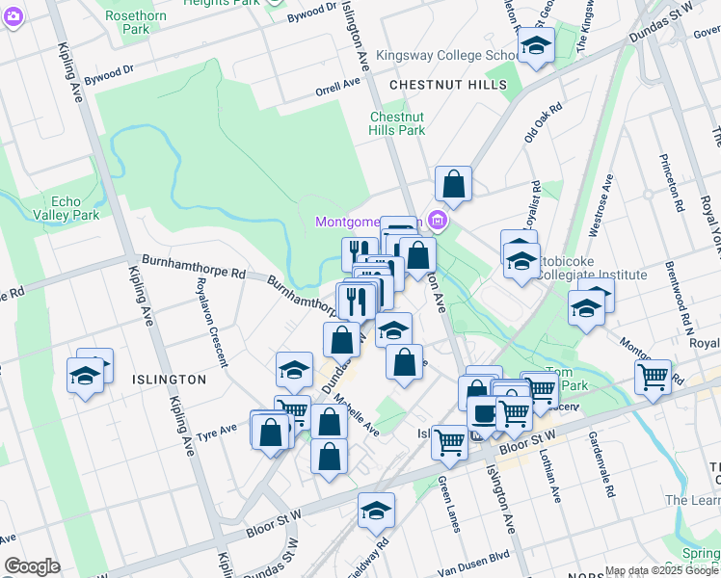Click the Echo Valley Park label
[x=67, y=207]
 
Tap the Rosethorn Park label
[x=136, y=22]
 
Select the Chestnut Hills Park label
[x=398, y=123]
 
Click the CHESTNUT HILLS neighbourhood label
[x=448, y=86]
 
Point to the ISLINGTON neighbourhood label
[x=169, y=380]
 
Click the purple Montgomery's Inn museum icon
[x=438, y=223]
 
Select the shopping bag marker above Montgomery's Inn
[x=453, y=183]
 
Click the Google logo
[x=32, y=566]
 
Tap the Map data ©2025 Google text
[x=662, y=570]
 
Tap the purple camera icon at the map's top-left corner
[x=13, y=14]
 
